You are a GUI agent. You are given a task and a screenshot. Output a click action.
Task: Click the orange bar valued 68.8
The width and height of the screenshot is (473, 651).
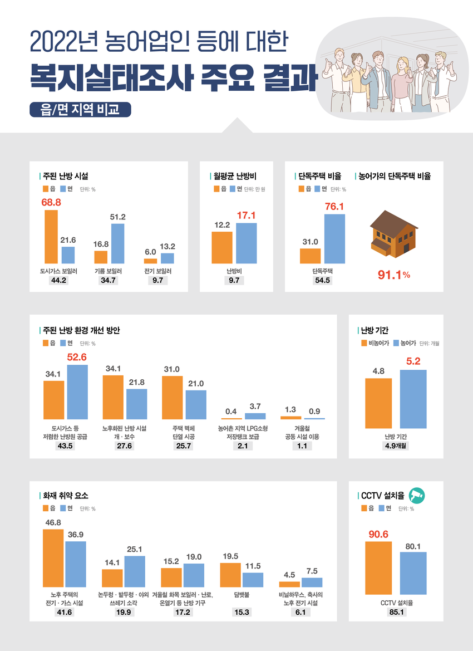[x=51, y=237]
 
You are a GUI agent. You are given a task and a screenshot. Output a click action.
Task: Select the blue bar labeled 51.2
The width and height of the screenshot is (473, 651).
[x=117, y=243]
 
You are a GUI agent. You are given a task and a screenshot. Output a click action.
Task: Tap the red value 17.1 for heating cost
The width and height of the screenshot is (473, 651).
[x=246, y=215]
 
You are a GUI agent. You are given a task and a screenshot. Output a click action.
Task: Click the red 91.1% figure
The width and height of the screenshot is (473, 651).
[x=393, y=275]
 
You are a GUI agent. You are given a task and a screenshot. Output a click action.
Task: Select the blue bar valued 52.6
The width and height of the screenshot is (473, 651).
[x=77, y=391]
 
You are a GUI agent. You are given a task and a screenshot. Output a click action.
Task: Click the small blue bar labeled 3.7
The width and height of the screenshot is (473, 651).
[x=255, y=415]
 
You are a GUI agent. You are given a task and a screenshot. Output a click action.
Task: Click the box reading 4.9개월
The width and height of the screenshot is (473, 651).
[x=396, y=446]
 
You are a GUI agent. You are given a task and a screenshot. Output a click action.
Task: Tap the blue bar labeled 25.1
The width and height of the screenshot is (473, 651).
[x=135, y=571]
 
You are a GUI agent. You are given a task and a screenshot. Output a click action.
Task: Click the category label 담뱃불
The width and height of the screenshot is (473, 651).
[x=242, y=595]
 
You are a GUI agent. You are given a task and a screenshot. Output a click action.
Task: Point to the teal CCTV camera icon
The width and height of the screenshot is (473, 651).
[x=417, y=495]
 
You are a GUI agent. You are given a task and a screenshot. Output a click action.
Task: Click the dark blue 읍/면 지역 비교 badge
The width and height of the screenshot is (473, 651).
[x=80, y=109]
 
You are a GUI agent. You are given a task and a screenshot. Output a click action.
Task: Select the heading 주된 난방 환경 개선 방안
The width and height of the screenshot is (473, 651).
[x=81, y=330]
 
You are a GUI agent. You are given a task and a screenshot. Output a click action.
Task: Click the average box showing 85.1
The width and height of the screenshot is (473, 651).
[x=396, y=613]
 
